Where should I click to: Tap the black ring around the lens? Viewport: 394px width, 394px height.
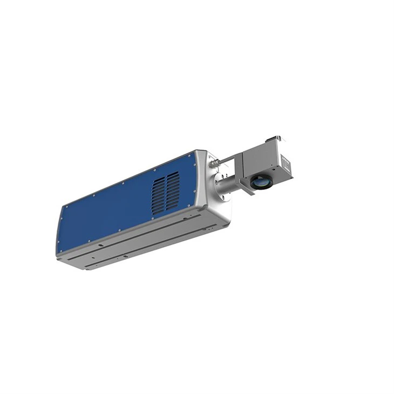click(255, 184)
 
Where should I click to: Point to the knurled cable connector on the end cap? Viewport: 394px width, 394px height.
click(216, 161)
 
